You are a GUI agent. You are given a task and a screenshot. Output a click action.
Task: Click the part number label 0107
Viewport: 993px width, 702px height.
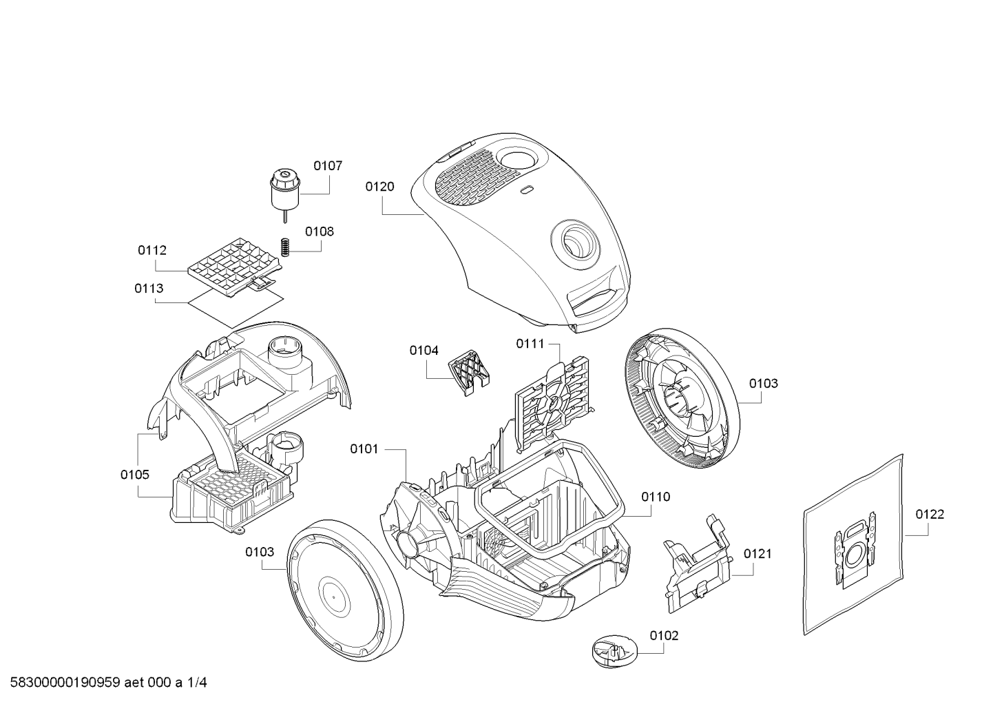coord(328,166)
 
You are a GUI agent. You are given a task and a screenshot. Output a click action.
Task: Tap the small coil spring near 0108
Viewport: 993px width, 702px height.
coord(286,247)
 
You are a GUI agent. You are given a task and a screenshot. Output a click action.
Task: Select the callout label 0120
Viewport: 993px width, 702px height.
coord(379,187)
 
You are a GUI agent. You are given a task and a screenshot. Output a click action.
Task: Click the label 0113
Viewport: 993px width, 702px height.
coord(149,288)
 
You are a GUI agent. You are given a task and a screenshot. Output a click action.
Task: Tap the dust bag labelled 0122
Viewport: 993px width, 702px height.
coord(853,545)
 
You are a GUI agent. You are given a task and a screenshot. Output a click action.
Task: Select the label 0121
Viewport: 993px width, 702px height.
coord(757,553)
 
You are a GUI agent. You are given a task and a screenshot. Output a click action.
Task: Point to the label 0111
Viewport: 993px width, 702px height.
coord(530,343)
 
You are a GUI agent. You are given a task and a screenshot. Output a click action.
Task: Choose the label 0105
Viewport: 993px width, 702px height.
coord(135,475)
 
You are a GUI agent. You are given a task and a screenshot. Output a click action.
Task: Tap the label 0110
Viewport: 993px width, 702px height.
coord(656,497)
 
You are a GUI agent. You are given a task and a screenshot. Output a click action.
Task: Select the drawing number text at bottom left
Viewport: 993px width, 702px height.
coord(108,682)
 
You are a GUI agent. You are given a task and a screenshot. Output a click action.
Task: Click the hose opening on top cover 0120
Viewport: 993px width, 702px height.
coord(575,242)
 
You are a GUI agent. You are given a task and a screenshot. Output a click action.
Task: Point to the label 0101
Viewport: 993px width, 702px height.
coord(364,448)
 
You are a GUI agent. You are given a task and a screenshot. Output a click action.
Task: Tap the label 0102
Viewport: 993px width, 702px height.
coord(664,635)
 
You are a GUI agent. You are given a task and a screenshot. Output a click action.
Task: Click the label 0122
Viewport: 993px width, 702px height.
coord(930,514)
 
